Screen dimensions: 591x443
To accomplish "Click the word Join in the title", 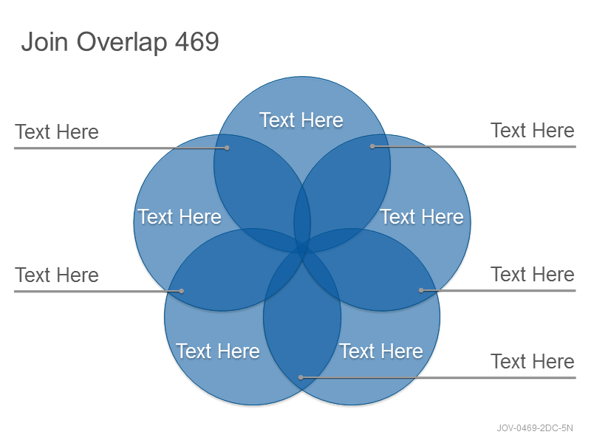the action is (x=44, y=41).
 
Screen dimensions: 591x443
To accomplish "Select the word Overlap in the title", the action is (x=122, y=43).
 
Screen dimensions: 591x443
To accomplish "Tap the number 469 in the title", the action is (x=197, y=41).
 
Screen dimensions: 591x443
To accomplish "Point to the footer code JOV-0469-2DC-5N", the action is (x=534, y=428).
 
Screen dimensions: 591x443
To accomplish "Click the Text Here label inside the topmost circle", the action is (x=301, y=120).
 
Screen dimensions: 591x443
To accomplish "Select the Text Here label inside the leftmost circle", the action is (x=180, y=217).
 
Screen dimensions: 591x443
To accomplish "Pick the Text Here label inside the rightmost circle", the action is (x=422, y=217).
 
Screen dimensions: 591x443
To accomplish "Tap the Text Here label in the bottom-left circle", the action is (x=218, y=351).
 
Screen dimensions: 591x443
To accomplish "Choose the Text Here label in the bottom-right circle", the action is (x=381, y=351).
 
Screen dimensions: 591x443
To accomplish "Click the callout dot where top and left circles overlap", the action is (x=227, y=148).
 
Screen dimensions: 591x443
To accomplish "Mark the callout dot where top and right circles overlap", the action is (x=372, y=146).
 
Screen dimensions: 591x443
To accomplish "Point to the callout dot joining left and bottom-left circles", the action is (x=181, y=291).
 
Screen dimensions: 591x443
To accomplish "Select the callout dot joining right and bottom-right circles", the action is (x=421, y=290).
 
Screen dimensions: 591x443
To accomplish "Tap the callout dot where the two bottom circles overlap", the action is (x=301, y=377).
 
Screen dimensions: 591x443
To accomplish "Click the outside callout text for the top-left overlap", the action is (x=57, y=132).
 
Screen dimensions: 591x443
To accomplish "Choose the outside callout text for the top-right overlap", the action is (x=533, y=131).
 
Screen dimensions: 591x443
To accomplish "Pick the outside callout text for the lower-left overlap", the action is (x=57, y=275).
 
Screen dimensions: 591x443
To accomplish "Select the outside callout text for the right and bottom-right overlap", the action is (x=533, y=274).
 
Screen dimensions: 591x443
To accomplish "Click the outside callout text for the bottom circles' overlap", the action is (x=533, y=362).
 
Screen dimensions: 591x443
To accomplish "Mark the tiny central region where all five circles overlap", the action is (x=302, y=249).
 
